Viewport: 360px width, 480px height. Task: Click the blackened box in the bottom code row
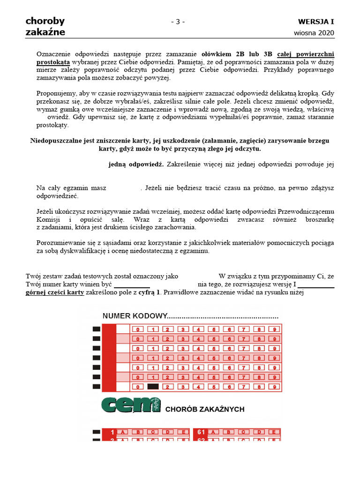coord(153,387)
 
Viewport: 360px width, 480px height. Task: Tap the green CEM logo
coord(131,405)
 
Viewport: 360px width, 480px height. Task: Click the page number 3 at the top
coord(178,22)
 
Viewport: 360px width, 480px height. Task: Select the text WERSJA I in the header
coord(316,22)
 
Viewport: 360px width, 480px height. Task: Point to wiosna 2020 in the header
coord(315,33)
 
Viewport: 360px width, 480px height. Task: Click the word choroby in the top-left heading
coord(45,21)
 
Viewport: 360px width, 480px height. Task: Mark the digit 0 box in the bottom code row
coord(138,387)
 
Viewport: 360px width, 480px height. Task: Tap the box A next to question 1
coord(123,432)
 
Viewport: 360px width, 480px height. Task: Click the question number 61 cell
coord(202,432)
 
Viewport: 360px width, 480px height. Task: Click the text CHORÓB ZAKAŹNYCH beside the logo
coord(205,409)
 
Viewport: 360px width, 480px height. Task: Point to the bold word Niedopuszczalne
coord(59,141)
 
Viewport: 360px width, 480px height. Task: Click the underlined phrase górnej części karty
coord(55,292)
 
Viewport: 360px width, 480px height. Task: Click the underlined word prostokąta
coord(53,61)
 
